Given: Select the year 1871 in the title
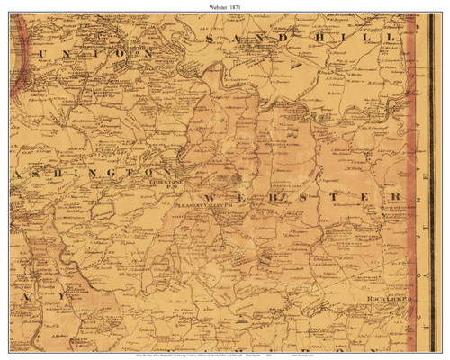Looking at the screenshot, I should (237, 6).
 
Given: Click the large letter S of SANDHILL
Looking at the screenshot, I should (211, 41).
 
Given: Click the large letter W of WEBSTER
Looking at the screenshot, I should (211, 197).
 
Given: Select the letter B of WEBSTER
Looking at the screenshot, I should (269, 196).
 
